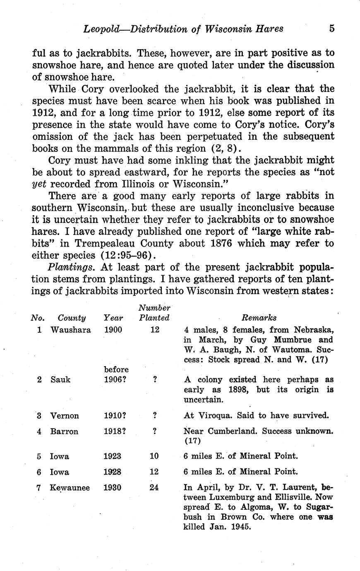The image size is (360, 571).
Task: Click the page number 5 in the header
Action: (x=331, y=29)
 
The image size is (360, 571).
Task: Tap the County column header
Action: (x=72, y=318)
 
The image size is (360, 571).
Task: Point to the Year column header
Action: (x=113, y=318)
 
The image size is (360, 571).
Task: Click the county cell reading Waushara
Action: (x=70, y=330)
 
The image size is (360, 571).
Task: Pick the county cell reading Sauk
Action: (x=60, y=379)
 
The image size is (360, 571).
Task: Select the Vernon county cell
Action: (x=64, y=415)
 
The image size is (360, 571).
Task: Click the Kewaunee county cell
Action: (x=70, y=487)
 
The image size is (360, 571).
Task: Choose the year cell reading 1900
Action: (x=113, y=330)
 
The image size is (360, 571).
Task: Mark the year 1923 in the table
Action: (x=113, y=456)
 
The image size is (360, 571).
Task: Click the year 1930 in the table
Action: (x=113, y=487)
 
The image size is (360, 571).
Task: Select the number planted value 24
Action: (x=154, y=487)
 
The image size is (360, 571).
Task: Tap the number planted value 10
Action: (x=154, y=456)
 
